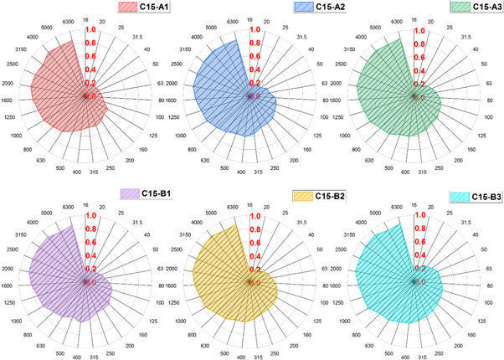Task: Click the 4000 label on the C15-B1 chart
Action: click(x=33, y=223)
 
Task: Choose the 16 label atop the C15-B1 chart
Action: click(x=85, y=203)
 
